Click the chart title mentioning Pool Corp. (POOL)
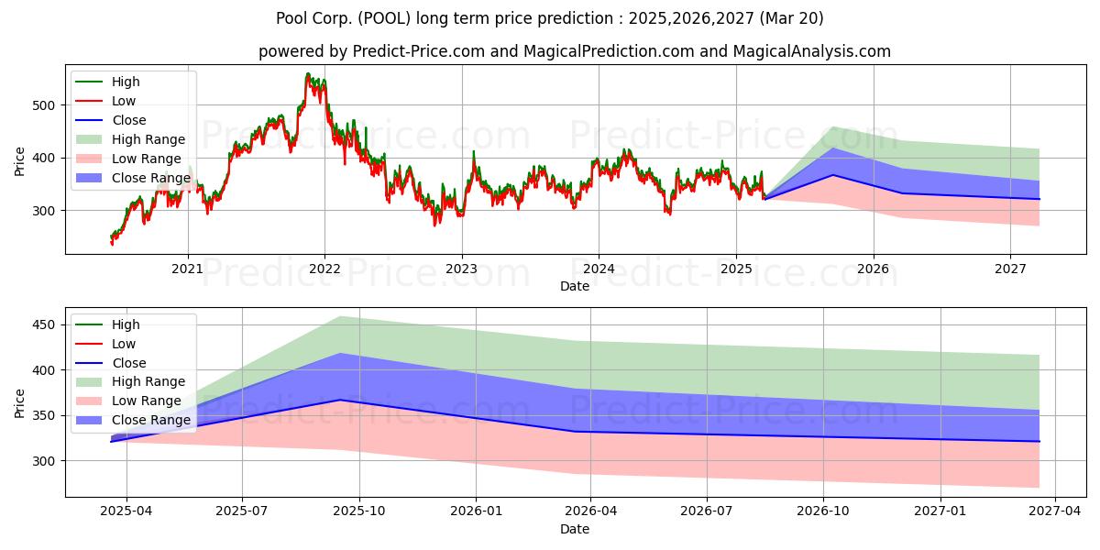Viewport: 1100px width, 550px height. pyautogui.click(x=550, y=18)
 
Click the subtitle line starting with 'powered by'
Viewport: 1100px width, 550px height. pyautogui.click(x=574, y=51)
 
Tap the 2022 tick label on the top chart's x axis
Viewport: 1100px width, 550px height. pyautogui.click(x=324, y=269)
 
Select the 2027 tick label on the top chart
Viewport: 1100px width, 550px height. pyautogui.click(x=1010, y=269)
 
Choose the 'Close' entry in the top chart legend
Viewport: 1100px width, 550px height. pyautogui.click(x=129, y=121)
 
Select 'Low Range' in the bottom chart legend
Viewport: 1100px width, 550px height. pyautogui.click(x=147, y=401)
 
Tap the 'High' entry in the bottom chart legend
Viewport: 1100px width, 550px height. pyautogui.click(x=126, y=324)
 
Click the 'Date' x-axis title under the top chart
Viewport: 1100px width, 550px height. pyautogui.click(x=574, y=286)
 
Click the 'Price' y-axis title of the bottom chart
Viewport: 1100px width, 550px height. pyautogui.click(x=20, y=402)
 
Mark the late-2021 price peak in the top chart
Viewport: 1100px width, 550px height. pyautogui.click(x=308, y=74)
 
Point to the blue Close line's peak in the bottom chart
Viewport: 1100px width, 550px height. pyautogui.click(x=340, y=400)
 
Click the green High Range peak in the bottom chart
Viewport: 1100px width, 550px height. pyautogui.click(x=340, y=316)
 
